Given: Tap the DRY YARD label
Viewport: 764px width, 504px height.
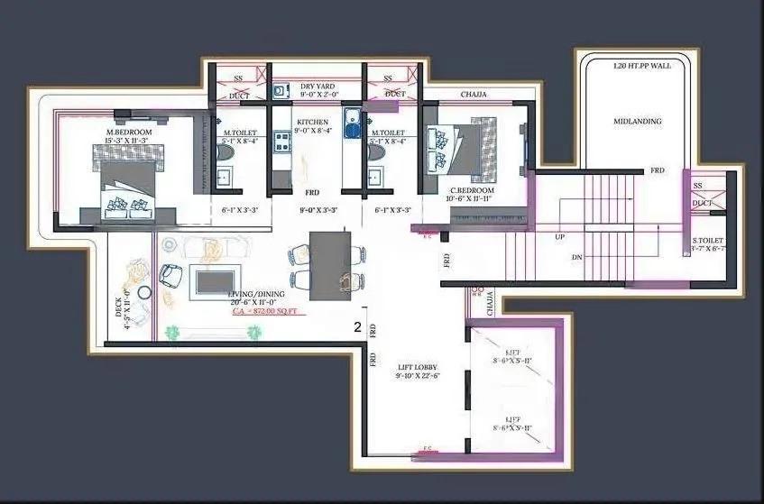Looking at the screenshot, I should coord(318,86).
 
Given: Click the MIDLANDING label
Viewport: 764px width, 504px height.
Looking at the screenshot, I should coord(638,121).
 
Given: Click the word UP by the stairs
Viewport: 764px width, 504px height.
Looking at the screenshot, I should coord(561,237).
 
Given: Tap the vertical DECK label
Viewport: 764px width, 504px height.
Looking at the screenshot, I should coord(119,307).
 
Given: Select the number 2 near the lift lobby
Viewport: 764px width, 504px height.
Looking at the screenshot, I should coord(358,328).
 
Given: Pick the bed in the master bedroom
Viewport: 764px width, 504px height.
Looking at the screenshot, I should coord(129,187).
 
